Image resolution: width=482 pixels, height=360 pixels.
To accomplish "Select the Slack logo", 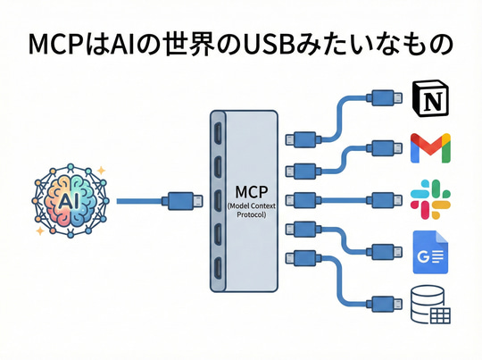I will click(x=428, y=198).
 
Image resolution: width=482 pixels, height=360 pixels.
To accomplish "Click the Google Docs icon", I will click(x=428, y=251).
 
